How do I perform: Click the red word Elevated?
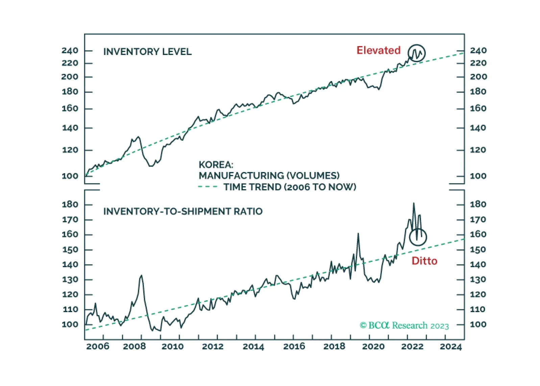pyautogui.click(x=378, y=50)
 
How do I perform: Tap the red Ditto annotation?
pyautogui.click(x=424, y=261)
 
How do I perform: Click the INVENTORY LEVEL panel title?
pyautogui.click(x=147, y=52)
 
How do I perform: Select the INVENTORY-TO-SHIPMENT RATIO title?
pyautogui.click(x=183, y=211)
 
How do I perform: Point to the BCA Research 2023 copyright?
pyautogui.click(x=404, y=325)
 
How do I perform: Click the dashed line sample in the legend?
pyautogui.click(x=207, y=187)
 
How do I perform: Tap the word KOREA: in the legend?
pyautogui.click(x=216, y=165)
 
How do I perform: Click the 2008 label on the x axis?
pyautogui.click(x=134, y=347)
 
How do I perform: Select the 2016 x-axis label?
pyautogui.click(x=294, y=347)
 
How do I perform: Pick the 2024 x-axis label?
pyautogui.click(x=450, y=347)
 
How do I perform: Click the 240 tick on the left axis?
pyautogui.click(x=70, y=51)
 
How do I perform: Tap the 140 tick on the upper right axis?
pyautogui.click(x=478, y=128)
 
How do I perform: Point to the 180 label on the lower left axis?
pyautogui.click(x=70, y=204)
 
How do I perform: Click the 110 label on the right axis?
pyautogui.click(x=477, y=309)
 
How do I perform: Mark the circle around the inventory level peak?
pyautogui.click(x=416, y=53)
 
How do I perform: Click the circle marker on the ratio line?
pyautogui.click(x=418, y=237)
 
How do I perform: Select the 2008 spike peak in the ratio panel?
pyautogui.click(x=141, y=276)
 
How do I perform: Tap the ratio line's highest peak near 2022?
pyautogui.click(x=414, y=203)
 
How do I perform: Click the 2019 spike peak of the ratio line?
pyautogui.click(x=358, y=233)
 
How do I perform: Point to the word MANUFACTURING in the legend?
pyautogui.click(x=241, y=176)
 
